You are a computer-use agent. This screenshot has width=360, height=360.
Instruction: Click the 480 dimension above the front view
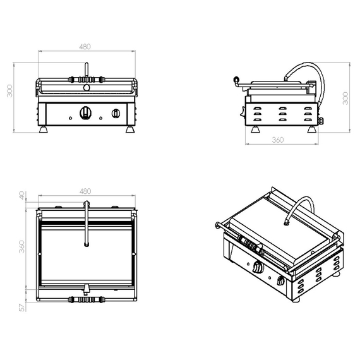pos(85,47)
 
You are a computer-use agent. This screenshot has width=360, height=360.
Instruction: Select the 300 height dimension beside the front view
pos(8,93)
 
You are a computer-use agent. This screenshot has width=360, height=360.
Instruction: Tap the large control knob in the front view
pos(85,113)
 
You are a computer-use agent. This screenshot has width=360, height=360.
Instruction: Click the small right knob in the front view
pos(116,114)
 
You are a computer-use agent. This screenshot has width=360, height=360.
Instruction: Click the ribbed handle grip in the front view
pos(85,80)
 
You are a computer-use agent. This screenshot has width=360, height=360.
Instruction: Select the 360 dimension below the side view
pos(276,140)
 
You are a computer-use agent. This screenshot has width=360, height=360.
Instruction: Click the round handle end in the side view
pos(236,80)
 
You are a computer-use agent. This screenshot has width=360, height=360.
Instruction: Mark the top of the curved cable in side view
pos(309,64)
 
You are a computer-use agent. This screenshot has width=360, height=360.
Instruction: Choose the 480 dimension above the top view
pos(85,191)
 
